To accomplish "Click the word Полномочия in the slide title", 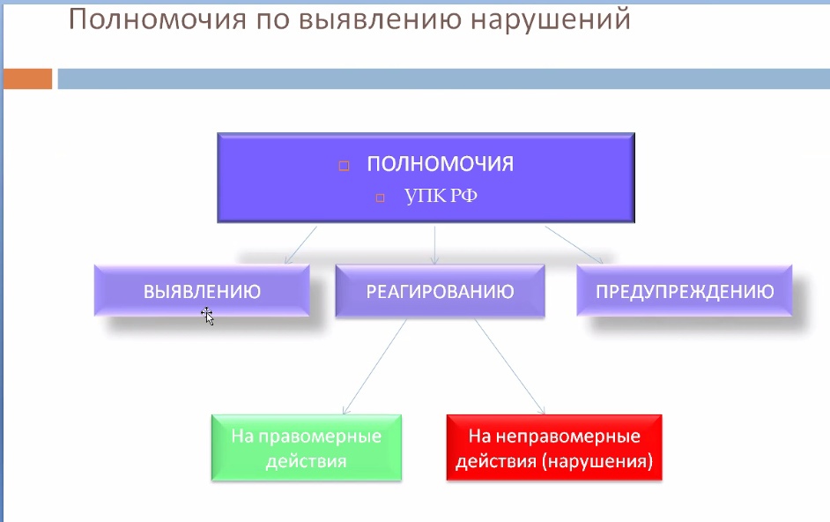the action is point(158,19).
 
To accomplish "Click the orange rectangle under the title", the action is point(27,79).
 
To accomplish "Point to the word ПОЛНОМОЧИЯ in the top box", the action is point(441,164).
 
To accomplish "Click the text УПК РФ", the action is point(441,196).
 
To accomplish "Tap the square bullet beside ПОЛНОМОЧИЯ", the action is point(344,166).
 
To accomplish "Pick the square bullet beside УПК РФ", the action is point(380,198).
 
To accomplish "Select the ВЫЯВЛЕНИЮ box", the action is point(202,291).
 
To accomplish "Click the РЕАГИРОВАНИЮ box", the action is point(440,291).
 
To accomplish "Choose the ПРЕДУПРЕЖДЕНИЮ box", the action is point(685,291).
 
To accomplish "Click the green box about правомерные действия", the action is point(307,448).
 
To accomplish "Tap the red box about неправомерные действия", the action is point(554,448).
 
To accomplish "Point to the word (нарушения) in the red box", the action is point(597,461).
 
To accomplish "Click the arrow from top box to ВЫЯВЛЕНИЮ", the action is point(300,245).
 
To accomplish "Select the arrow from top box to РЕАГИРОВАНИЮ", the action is point(434,245).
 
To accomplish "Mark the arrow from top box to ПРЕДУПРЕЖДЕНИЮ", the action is point(574,245).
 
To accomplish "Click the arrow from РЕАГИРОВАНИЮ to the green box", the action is point(374,367).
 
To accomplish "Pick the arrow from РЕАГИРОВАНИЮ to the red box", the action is point(510,367).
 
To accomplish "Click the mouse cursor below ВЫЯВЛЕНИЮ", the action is point(207,316).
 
